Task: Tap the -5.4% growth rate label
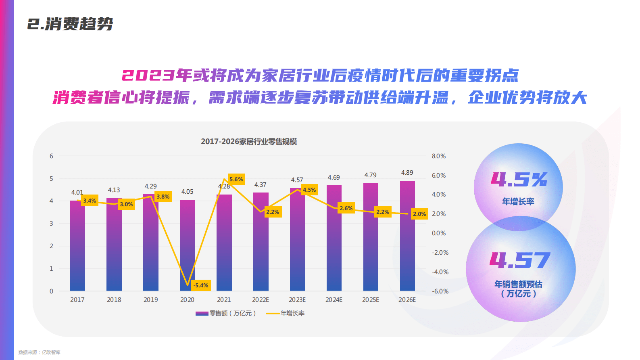201,285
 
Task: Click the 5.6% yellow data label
236,179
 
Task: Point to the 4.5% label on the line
309,190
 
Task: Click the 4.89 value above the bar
407,173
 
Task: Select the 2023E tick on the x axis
297,300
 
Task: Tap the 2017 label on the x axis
77,300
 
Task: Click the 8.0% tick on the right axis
439,156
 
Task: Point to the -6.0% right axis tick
440,291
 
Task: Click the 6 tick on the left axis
51,156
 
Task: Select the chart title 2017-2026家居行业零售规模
249,142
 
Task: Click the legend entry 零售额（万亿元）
226,314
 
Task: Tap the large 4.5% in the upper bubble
519,180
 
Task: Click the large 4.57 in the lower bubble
520,260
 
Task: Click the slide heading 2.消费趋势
70,24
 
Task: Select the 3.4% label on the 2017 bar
90,201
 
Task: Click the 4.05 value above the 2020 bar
187,192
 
